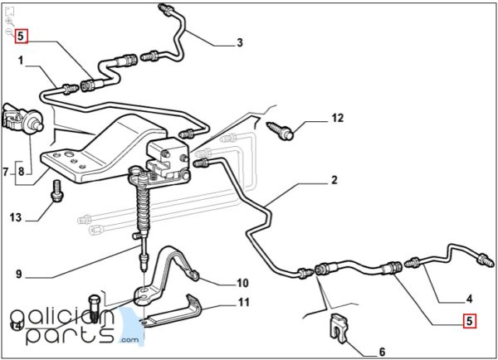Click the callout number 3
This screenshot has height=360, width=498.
pyautogui.click(x=239, y=42)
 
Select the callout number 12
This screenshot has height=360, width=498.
pyautogui.click(x=337, y=119)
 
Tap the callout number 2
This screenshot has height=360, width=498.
pyautogui.click(x=334, y=179)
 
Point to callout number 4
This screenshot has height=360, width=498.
pyautogui.click(x=468, y=299)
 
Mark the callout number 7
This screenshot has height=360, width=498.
pyautogui.click(x=7, y=173)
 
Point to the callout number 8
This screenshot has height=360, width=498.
pyautogui.click(x=22, y=173)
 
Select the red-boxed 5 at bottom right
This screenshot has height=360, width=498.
pyautogui.click(x=469, y=320)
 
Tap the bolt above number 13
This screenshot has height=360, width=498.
pyautogui.click(x=56, y=190)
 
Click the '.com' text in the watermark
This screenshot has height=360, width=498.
pyautogui.click(x=129, y=340)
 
